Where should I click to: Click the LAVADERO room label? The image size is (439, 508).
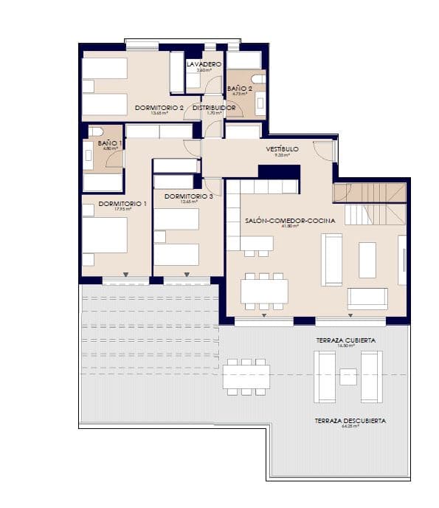click(x=204, y=65)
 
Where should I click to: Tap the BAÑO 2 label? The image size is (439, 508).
click(x=240, y=88)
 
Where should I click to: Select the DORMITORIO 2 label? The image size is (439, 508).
click(x=159, y=108)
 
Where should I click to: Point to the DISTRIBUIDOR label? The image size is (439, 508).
click(x=214, y=108)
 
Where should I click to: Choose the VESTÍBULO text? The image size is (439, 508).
click(x=283, y=149)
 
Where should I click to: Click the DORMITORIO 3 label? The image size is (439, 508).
click(x=189, y=196)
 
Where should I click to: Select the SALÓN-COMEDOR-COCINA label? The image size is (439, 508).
click(x=290, y=221)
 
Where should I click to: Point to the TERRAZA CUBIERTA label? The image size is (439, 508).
click(x=345, y=340)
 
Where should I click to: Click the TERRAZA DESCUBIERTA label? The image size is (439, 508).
click(x=350, y=421)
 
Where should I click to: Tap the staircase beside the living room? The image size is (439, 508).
click(x=370, y=204)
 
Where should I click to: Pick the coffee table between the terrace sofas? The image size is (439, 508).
click(x=348, y=377)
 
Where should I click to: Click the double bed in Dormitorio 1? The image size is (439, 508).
click(x=104, y=235)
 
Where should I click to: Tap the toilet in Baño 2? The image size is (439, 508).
click(x=257, y=79)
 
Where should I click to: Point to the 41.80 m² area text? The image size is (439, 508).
click(x=290, y=227)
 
